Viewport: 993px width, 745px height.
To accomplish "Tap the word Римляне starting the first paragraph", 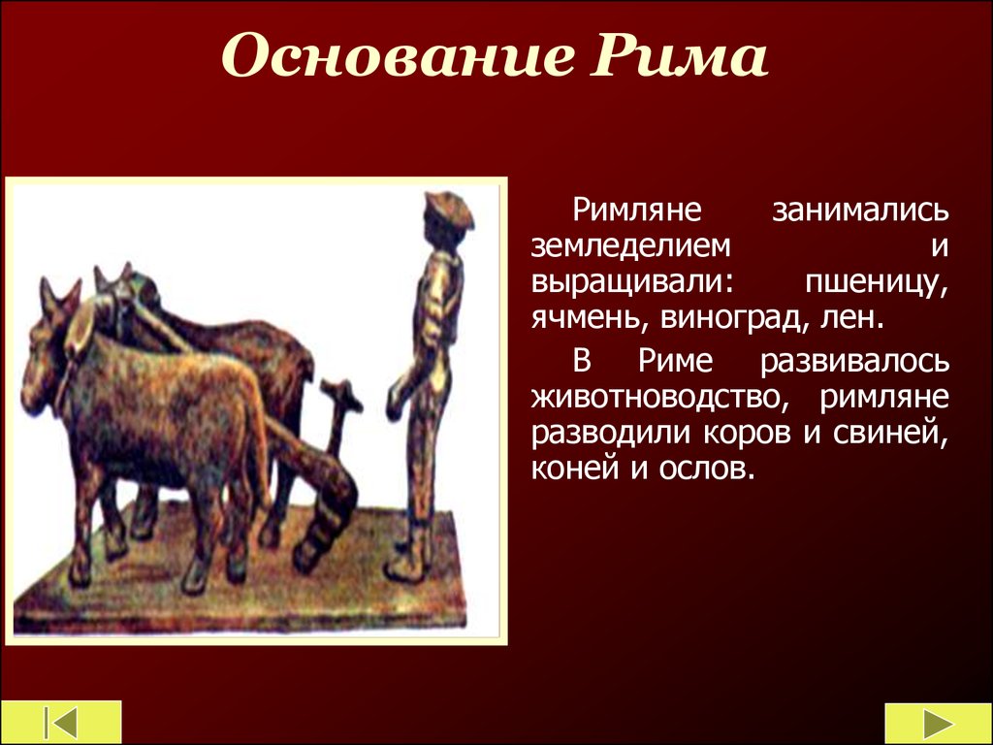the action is click(637, 210).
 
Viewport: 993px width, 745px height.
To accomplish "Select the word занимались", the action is click(860, 210).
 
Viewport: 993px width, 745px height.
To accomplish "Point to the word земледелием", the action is click(630, 245).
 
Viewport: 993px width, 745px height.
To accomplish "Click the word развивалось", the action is click(855, 361).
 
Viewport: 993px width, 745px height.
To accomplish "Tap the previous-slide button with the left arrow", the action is click(61, 722).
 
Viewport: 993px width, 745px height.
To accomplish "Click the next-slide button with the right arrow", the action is click(938, 723).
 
